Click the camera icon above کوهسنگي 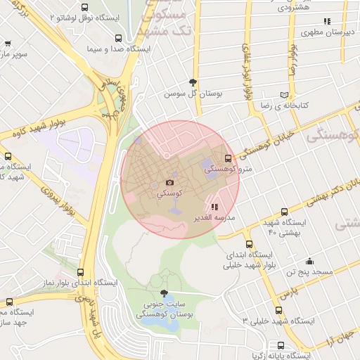click(169, 183)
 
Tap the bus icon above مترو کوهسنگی click(226, 158)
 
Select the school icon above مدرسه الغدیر click(214, 207)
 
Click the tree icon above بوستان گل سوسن click(193, 82)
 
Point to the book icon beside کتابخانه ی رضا click(284, 94)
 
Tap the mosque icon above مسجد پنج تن click(309, 262)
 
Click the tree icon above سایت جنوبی click(165, 292)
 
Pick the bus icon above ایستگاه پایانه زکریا click(281, 346)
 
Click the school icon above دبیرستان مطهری click(326, 22)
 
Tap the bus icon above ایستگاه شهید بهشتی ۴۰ click(284, 212)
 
